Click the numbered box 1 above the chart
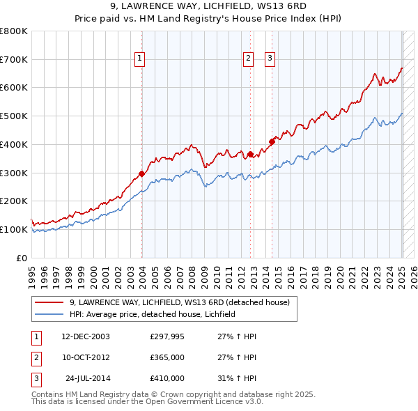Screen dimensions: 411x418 tap(141, 59)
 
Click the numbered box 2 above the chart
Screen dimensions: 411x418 tap(248, 59)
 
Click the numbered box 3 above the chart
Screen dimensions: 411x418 tap(270, 59)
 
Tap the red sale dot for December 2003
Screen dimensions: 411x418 tap(141, 173)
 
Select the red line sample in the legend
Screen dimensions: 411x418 tap(49, 302)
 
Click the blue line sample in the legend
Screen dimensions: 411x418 tap(49, 314)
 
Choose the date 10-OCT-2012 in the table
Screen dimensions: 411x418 tap(86, 357)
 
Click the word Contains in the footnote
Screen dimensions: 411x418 tap(49, 394)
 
